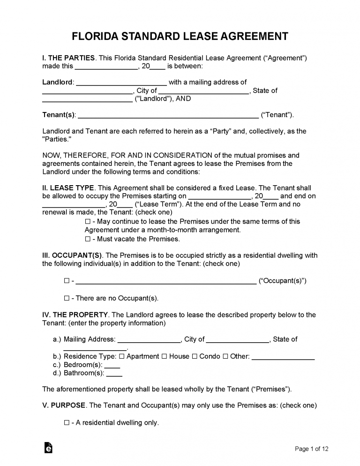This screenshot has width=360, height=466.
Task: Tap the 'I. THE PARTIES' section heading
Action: [x=69, y=58]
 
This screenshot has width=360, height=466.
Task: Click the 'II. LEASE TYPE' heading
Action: [x=68, y=188]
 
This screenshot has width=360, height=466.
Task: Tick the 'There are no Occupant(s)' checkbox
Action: [x=67, y=298]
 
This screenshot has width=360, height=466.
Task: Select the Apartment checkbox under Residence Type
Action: [x=122, y=356]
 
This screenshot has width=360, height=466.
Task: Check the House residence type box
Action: [x=164, y=356]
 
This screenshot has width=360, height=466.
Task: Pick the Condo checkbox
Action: [x=195, y=356]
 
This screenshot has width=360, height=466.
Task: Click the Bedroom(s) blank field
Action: [x=112, y=366]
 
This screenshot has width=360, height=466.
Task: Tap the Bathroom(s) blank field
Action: [x=114, y=375]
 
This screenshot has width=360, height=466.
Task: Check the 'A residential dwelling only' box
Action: [x=67, y=423]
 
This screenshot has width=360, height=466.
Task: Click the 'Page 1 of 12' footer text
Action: [x=311, y=449]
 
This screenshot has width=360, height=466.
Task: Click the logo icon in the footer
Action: [x=48, y=448]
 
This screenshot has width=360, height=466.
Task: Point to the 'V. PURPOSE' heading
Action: [x=64, y=405]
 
